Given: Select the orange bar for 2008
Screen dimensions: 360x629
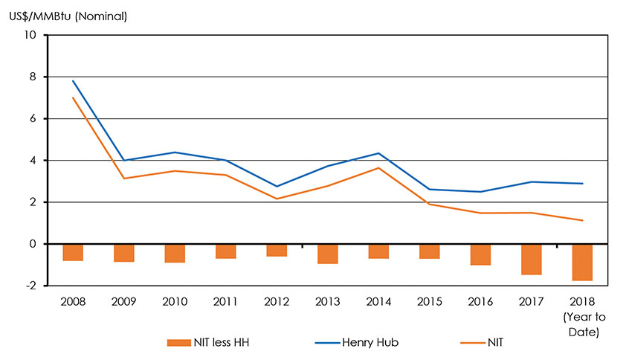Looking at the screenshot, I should pyautogui.click(x=73, y=252).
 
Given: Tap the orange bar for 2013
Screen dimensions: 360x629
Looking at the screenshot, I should pyautogui.click(x=327, y=254).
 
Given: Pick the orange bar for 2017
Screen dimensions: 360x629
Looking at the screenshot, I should pyautogui.click(x=532, y=260).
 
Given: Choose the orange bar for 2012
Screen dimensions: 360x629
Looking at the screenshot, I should pyautogui.click(x=277, y=250).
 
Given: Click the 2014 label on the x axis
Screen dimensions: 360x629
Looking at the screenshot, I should pyautogui.click(x=378, y=303).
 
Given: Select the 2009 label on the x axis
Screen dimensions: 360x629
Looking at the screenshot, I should pyautogui.click(x=123, y=303).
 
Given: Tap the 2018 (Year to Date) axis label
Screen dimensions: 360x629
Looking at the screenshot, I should pyautogui.click(x=582, y=317).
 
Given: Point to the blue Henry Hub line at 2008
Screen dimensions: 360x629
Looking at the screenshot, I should pyautogui.click(x=73, y=81).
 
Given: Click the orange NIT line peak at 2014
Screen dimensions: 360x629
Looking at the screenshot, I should pyautogui.click(x=378, y=167).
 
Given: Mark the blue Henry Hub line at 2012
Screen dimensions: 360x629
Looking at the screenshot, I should pyautogui.click(x=277, y=186).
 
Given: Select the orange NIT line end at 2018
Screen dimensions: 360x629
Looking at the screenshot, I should pyautogui.click(x=582, y=220).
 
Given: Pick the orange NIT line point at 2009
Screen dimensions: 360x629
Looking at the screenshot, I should pyautogui.click(x=123, y=179).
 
